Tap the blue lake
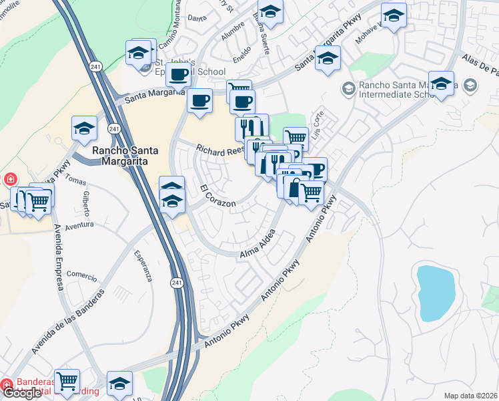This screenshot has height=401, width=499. point(437,291)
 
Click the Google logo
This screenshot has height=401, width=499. point(22,393)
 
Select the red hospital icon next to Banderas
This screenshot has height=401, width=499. point(6,384)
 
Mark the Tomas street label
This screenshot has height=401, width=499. point(76,181)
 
